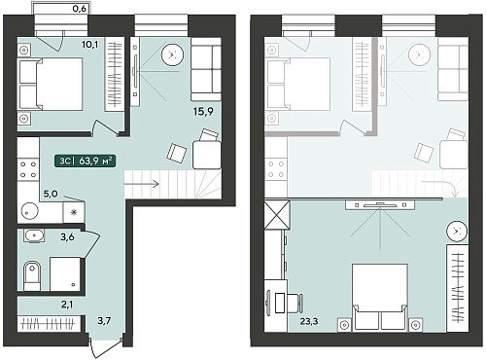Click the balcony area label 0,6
[x=79, y=9]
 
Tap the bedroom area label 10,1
[x=89, y=44]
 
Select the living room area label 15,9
[x=203, y=112]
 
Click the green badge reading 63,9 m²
[x=86, y=161]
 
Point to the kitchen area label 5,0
[x=51, y=194]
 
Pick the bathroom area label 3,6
[x=67, y=237]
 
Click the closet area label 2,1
[x=67, y=305]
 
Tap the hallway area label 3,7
[x=104, y=321]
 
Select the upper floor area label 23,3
[x=309, y=321]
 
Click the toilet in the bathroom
[x=32, y=275]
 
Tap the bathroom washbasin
[x=34, y=235]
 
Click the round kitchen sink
[x=29, y=211]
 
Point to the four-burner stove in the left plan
[x=28, y=169]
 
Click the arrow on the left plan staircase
[x=142, y=184]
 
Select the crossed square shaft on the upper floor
[x=277, y=215]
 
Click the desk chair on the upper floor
[x=296, y=304]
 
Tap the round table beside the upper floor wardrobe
[x=457, y=232]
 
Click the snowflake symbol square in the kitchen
[x=74, y=212]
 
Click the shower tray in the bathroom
[x=65, y=274]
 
